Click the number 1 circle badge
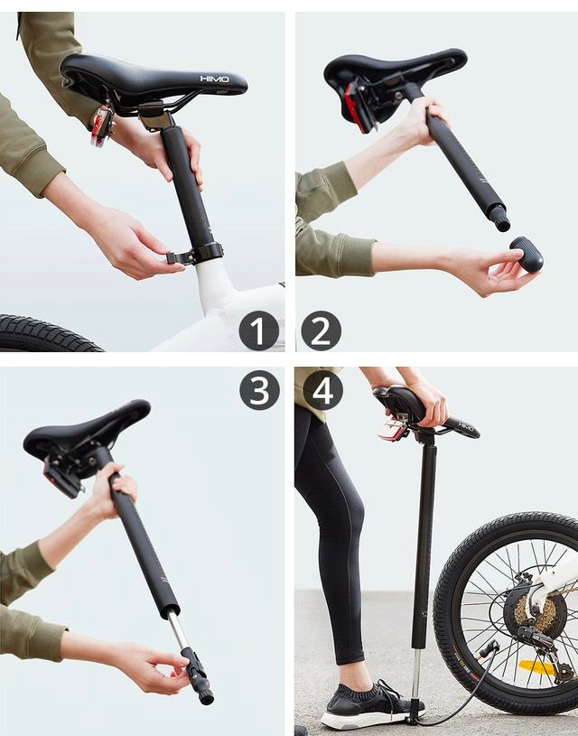click(258, 331)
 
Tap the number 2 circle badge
click(321, 331)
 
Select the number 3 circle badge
click(259, 390)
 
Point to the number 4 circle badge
click(322, 390)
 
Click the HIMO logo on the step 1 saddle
click(214, 79)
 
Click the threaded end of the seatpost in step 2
click(499, 217)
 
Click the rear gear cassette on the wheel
click(535, 614)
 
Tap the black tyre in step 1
click(45, 334)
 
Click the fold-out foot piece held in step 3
click(198, 677)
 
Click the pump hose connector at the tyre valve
click(489, 648)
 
